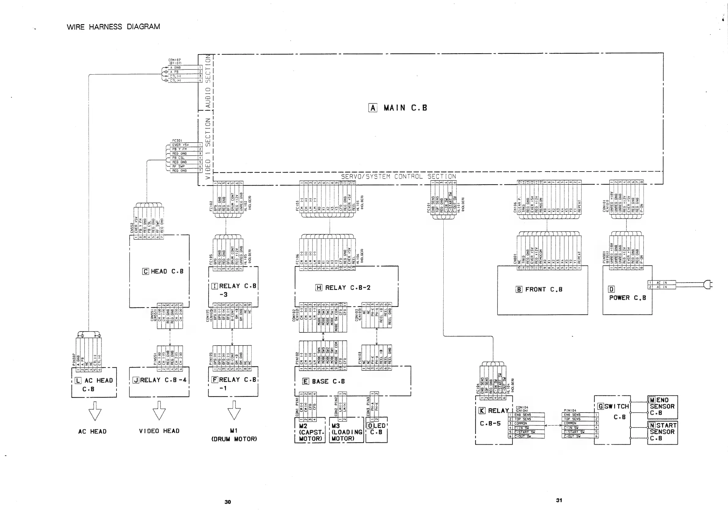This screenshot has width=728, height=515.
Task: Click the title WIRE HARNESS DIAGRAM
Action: (x=113, y=27)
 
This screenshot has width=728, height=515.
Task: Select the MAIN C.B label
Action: (x=405, y=108)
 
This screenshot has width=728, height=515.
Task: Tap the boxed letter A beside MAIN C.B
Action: (x=373, y=108)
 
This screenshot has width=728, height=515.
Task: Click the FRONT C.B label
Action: (x=543, y=289)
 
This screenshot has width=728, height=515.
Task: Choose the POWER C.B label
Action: (x=627, y=298)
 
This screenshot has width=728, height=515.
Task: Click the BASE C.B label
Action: (x=328, y=381)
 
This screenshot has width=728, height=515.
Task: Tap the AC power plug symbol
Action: (x=708, y=284)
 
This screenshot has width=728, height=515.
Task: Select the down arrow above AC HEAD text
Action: (x=95, y=411)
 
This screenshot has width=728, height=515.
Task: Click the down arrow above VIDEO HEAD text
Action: (x=159, y=411)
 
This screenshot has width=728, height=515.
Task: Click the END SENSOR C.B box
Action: (x=662, y=407)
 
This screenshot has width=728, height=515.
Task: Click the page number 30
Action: (x=228, y=502)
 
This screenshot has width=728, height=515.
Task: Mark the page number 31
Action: (x=559, y=500)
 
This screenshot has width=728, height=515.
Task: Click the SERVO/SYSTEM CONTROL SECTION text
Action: (x=398, y=176)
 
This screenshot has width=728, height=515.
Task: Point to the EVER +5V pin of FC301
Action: (x=180, y=145)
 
